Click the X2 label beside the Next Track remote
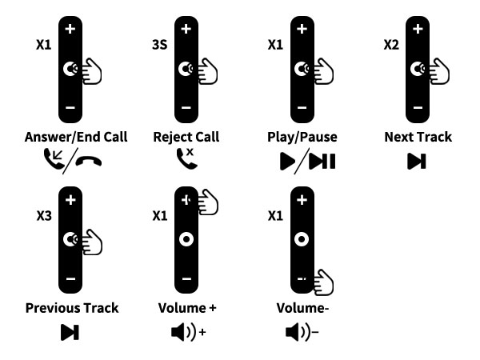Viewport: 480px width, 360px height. click(391, 45)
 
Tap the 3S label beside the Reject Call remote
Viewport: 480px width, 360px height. click(160, 45)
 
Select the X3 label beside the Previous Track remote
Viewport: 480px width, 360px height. click(44, 216)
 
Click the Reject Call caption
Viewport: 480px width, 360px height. click(186, 137)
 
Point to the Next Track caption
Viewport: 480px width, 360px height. click(418, 137)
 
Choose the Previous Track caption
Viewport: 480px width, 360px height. click(72, 308)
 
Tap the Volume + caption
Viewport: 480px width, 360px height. click(187, 308)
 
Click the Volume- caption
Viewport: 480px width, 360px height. click(302, 308)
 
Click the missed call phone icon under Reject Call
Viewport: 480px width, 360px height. click(186, 158)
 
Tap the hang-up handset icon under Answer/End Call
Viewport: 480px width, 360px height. click(89, 161)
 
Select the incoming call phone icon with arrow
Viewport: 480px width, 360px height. click(54, 158)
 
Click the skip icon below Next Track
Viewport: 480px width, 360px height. click(417, 162)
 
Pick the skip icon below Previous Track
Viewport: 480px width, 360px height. click(70, 332)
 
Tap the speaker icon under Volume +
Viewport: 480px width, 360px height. click(189, 332)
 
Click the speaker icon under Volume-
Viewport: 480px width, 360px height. click(302, 332)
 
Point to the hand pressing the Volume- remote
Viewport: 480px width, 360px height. click(324, 282)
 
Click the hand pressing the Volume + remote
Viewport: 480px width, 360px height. click(208, 202)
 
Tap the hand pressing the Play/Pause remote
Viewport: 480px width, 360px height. click(324, 71)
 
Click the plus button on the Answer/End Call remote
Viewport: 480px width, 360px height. click(70, 29)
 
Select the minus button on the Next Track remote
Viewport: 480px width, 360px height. click(418, 107)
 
